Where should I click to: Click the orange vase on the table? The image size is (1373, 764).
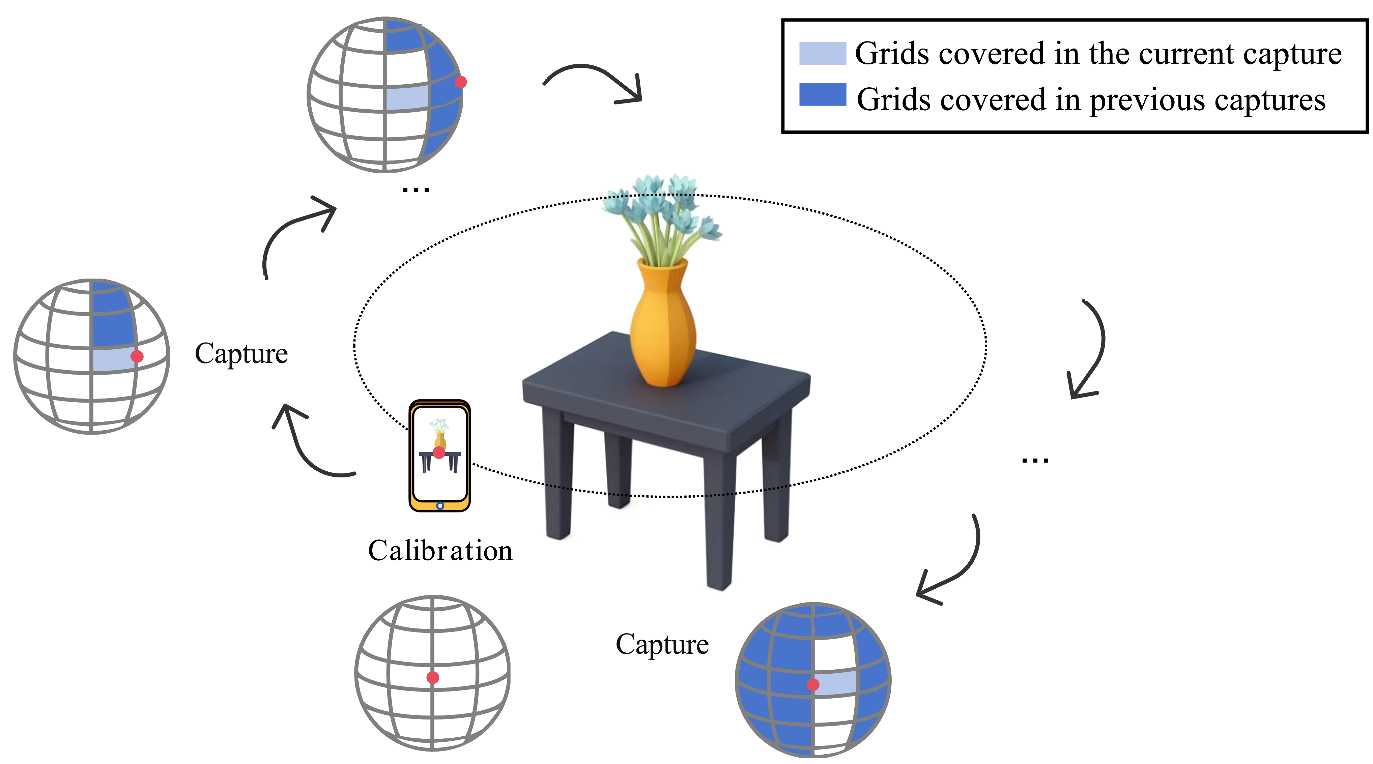click(x=662, y=325)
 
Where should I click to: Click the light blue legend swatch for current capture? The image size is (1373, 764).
click(x=822, y=53)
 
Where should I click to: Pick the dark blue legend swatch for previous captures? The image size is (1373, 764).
click(x=822, y=95)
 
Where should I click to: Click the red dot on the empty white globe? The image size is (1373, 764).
click(x=433, y=677)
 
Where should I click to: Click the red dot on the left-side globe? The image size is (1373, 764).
click(x=137, y=356)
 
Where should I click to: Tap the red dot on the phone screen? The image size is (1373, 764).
click(x=439, y=452)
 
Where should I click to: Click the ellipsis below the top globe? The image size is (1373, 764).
click(x=416, y=189)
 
